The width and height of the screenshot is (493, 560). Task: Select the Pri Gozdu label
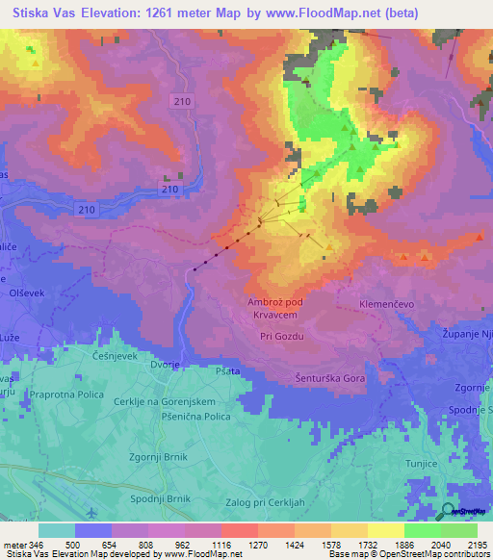pyautogui.click(x=282, y=336)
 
